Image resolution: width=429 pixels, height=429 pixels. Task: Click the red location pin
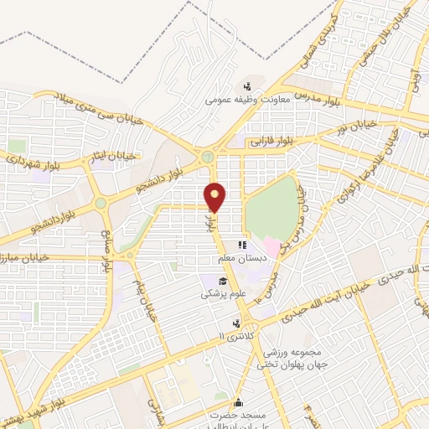click(x=216, y=196)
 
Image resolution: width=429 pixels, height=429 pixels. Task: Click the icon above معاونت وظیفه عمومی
click(x=247, y=85)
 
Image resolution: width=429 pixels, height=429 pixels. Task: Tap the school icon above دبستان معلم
click(x=242, y=246)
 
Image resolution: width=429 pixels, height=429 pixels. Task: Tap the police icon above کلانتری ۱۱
click(x=238, y=323)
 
